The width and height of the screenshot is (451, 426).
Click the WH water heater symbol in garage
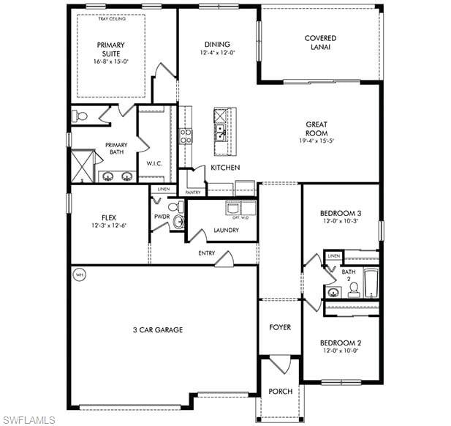[x=79, y=275]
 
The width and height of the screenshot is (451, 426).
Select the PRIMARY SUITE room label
[x=110, y=49]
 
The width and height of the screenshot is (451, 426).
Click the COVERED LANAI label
[x=321, y=42]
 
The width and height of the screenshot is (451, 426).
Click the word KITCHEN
[x=225, y=168]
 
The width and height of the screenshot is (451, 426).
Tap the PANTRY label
[x=193, y=193]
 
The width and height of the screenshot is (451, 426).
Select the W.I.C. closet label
[x=154, y=162]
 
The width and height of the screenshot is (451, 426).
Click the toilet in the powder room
[x=174, y=207]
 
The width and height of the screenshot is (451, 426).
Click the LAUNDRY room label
[x=226, y=230]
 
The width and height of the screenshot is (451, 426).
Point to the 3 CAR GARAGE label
[x=158, y=330]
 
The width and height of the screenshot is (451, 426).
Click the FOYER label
[x=279, y=327]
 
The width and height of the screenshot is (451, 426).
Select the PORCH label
[x=280, y=392]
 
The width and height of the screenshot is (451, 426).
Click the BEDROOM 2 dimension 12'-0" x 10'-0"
[x=341, y=351]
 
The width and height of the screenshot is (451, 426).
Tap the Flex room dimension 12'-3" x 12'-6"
[x=109, y=225]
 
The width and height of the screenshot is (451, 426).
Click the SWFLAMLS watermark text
[x=29, y=419]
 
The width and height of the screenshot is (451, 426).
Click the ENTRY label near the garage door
[x=206, y=253]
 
